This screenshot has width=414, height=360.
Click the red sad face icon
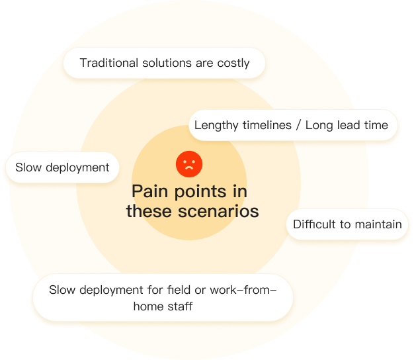click(x=189, y=163)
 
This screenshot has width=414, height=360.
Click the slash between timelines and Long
click(x=298, y=125)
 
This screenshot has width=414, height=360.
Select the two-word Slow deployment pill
click(x=62, y=167)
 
